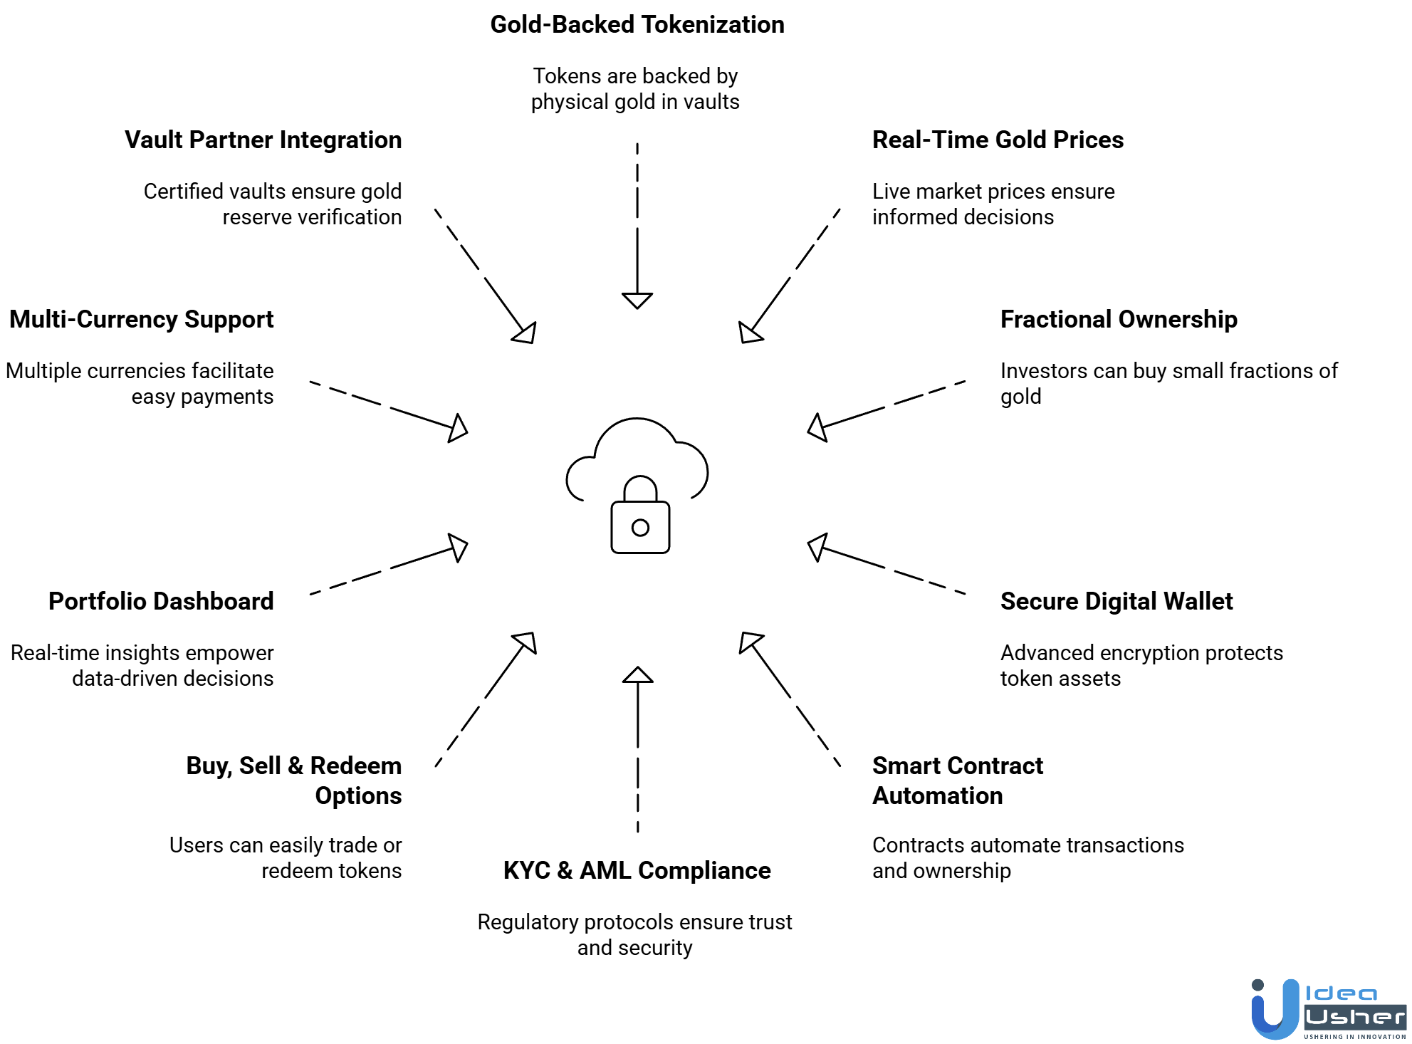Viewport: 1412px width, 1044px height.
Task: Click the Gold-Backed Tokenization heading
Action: pyautogui.click(x=637, y=25)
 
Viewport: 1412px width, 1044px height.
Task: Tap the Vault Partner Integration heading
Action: pyautogui.click(x=263, y=140)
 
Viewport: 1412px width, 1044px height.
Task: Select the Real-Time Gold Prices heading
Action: pyautogui.click(x=998, y=140)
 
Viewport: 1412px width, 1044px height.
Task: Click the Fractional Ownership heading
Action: pyautogui.click(x=1119, y=320)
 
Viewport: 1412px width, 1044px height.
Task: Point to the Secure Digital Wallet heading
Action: pyautogui.click(x=1116, y=602)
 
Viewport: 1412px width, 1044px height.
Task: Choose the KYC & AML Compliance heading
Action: pyautogui.click(x=637, y=871)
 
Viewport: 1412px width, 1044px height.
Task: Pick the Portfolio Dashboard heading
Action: pyautogui.click(x=161, y=602)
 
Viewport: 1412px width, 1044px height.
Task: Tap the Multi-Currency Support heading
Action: pyautogui.click(x=141, y=320)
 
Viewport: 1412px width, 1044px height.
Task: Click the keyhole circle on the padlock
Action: pyautogui.click(x=640, y=528)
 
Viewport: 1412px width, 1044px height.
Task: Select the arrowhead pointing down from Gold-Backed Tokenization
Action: pyautogui.click(x=637, y=300)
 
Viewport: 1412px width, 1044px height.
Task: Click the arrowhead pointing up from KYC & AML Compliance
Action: pyautogui.click(x=637, y=675)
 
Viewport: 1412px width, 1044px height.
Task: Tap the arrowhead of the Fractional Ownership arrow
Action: pyautogui.click(x=817, y=427)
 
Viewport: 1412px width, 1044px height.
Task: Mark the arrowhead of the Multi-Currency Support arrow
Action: pyautogui.click(x=459, y=428)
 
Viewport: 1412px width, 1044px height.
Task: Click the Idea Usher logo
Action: pyautogui.click(x=1328, y=1010)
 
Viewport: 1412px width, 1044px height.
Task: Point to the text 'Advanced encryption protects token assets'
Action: pyautogui.click(x=1141, y=666)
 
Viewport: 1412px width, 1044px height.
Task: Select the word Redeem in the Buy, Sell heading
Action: pyautogui.click(x=355, y=766)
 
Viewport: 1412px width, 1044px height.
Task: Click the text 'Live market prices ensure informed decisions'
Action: pyautogui.click(x=993, y=204)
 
